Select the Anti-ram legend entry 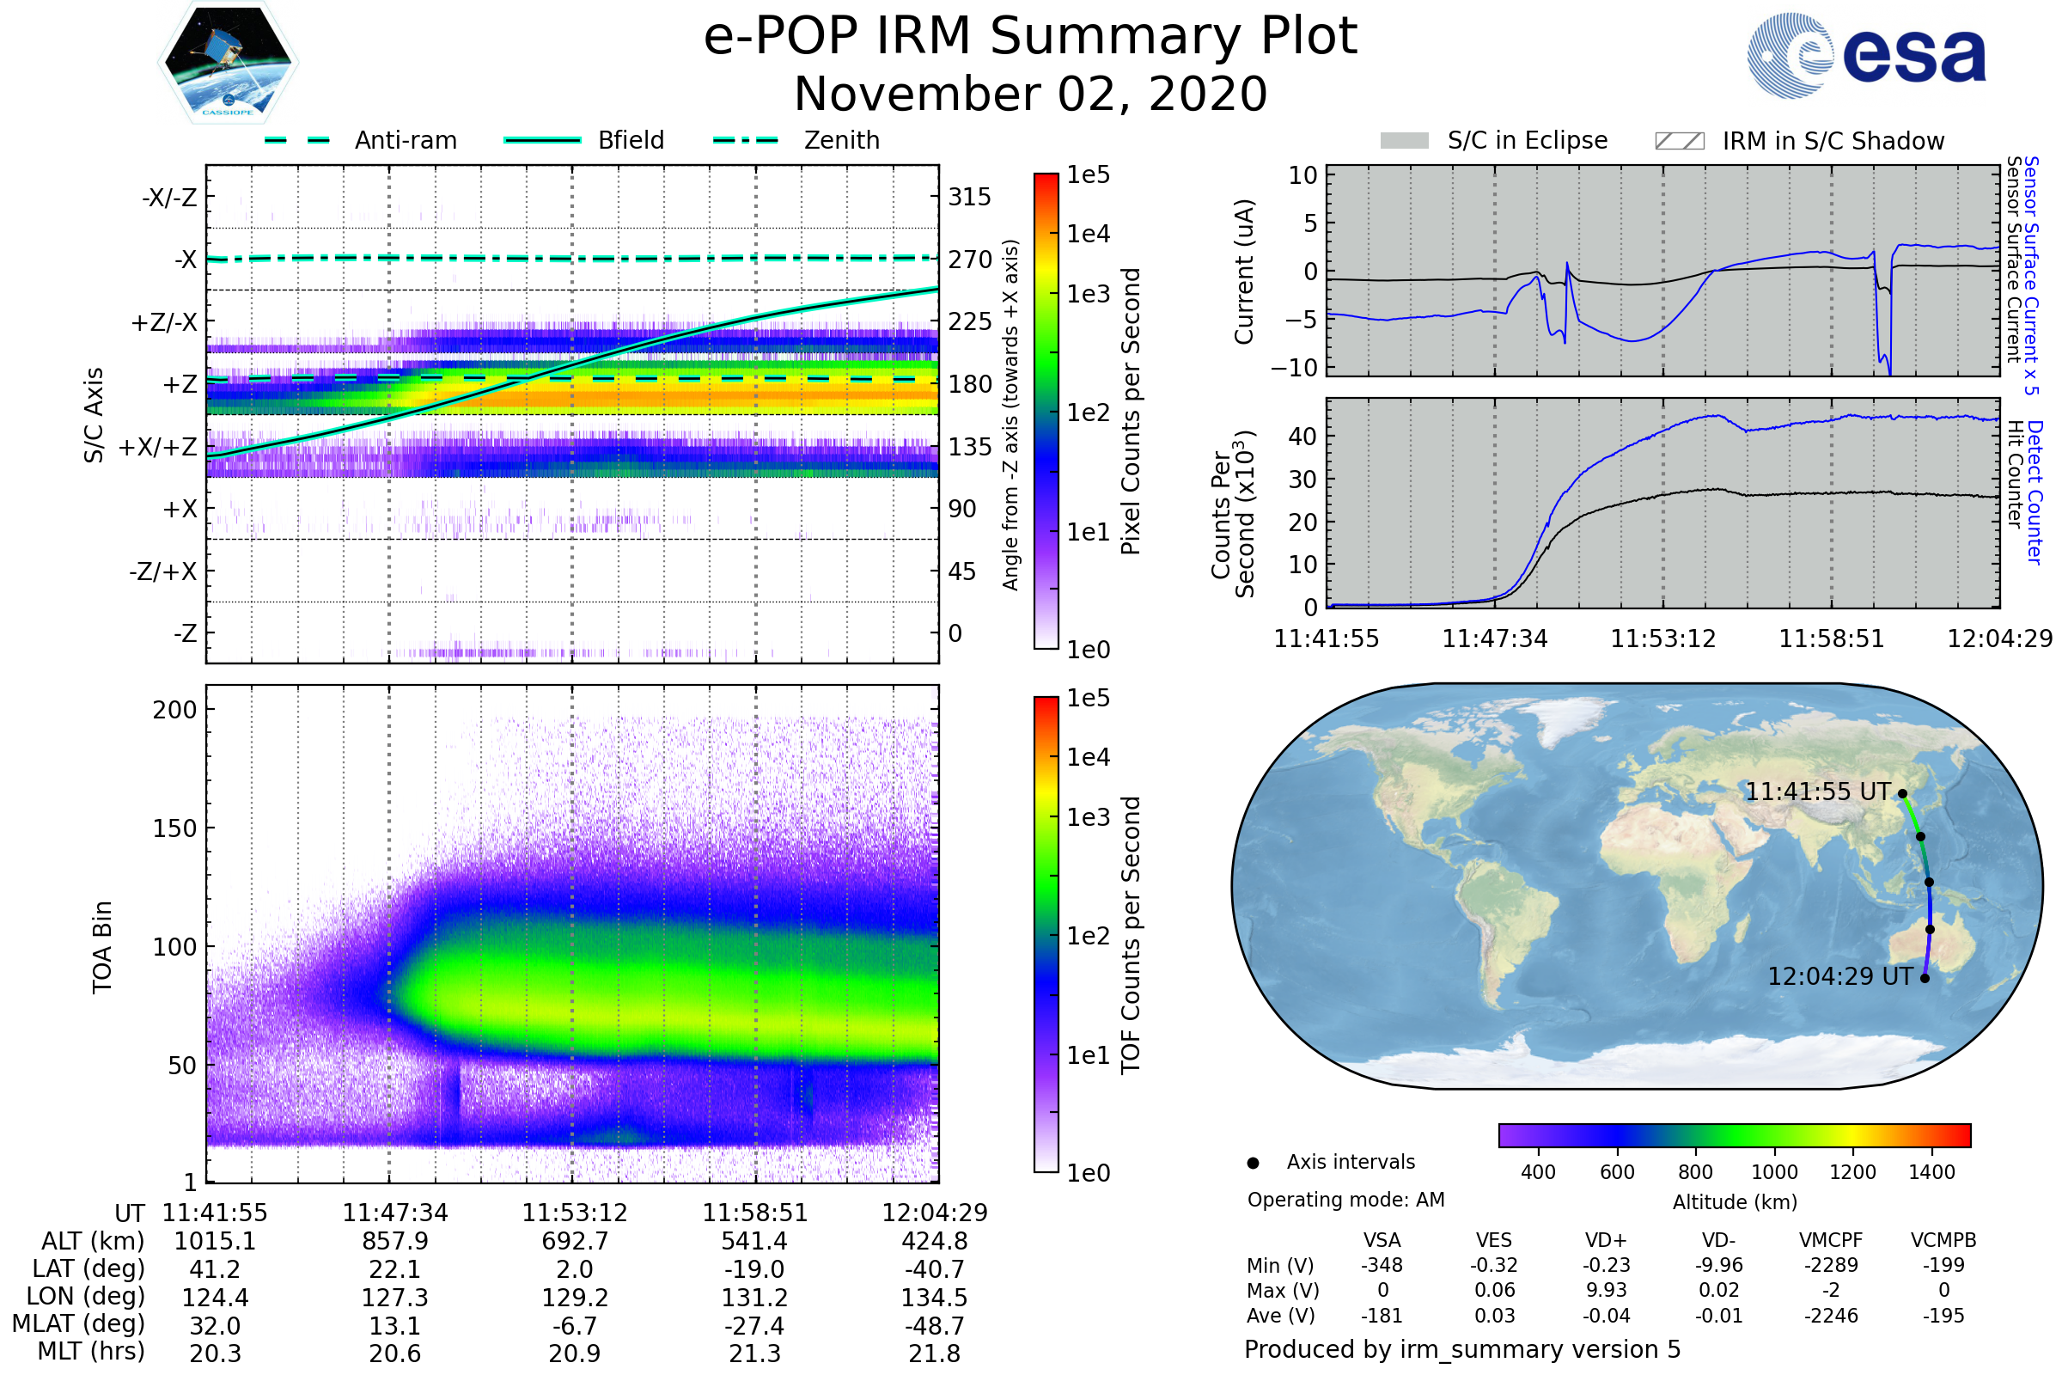(x=360, y=140)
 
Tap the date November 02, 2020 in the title (x=1030, y=94)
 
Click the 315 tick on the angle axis (x=970, y=198)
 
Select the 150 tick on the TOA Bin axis (x=174, y=828)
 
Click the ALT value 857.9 (x=395, y=1242)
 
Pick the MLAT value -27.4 (x=754, y=1326)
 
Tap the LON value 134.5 (x=935, y=1298)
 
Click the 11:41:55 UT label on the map (x=1817, y=791)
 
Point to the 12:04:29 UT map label (x=1839, y=977)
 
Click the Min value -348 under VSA (x=1382, y=1265)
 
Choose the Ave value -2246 (x=1831, y=1317)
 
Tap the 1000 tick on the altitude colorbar (x=1774, y=1172)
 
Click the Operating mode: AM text (x=1345, y=1200)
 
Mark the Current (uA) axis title (x=1244, y=272)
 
